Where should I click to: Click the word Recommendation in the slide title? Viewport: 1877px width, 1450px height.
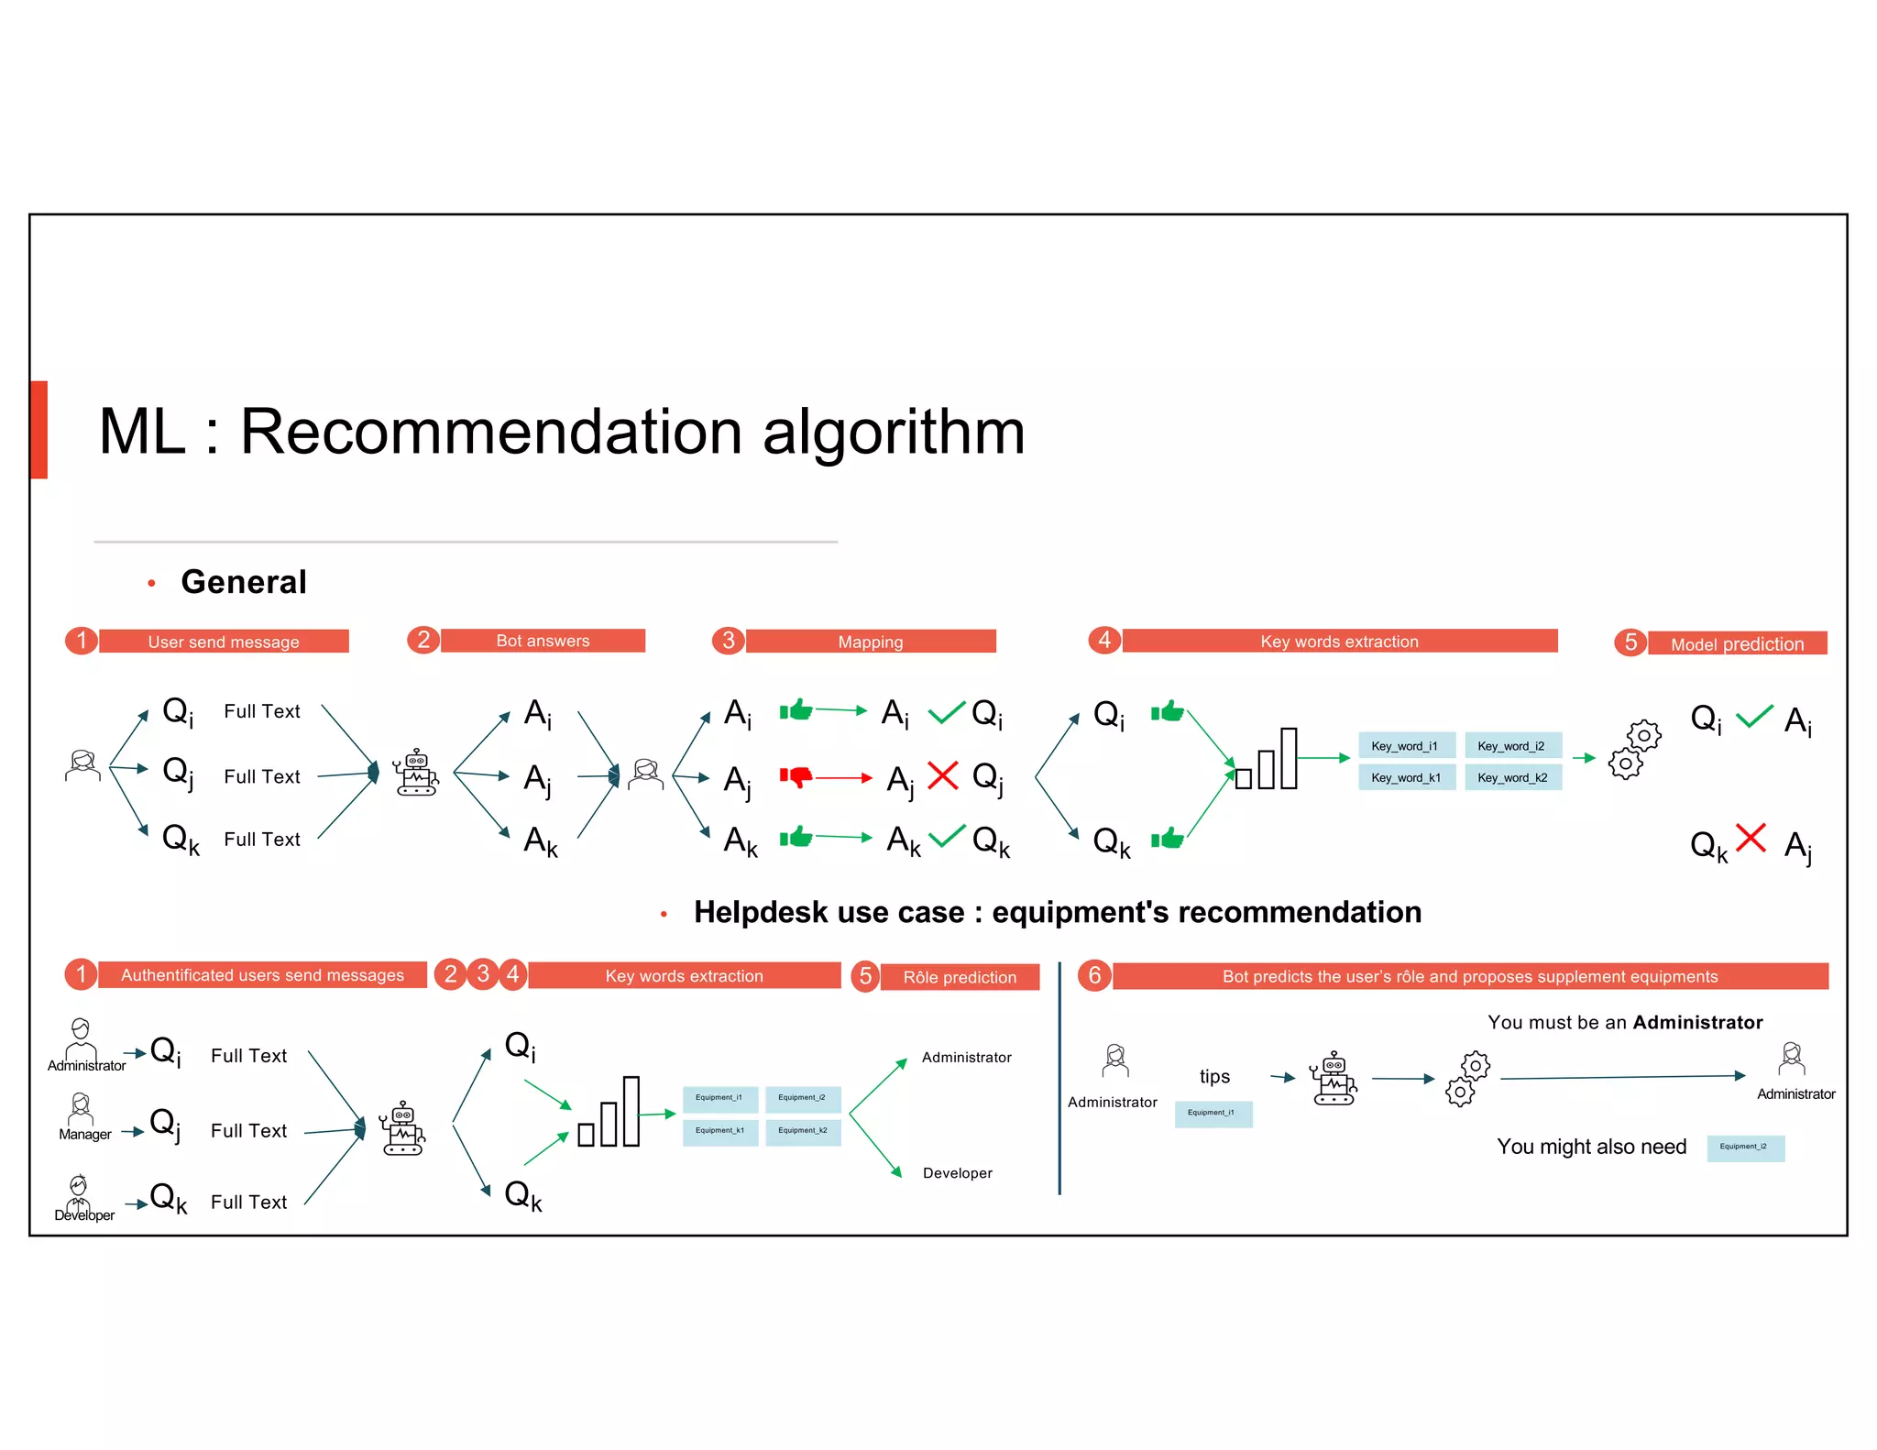coord(490,432)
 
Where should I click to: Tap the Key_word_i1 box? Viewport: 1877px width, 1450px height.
coord(1405,746)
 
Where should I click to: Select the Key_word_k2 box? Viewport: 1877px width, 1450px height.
coord(1512,777)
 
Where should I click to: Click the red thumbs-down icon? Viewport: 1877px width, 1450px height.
coord(796,777)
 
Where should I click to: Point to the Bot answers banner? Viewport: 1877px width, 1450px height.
coord(543,641)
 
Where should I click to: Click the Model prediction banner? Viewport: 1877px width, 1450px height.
coord(1737,643)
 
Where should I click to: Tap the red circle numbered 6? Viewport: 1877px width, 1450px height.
coord(1094,975)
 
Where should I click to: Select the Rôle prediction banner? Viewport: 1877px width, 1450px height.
coord(960,977)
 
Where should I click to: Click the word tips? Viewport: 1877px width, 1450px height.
coord(1214,1076)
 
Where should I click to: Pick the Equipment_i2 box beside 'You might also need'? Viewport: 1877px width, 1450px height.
coord(1745,1147)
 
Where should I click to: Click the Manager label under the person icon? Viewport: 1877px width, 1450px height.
coord(85,1134)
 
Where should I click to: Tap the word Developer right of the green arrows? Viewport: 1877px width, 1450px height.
coord(957,1173)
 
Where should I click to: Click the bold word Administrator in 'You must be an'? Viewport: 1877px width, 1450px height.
coord(1697,1022)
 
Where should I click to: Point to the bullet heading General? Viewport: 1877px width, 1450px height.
coord(244,582)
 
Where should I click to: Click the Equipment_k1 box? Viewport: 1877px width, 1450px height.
coord(719,1131)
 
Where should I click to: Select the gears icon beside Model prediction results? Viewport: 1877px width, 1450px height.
coord(1634,750)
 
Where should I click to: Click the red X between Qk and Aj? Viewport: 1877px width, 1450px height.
coord(1751,838)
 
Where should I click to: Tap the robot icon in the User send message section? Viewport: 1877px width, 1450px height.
coord(416,773)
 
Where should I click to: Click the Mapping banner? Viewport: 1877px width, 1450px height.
coord(871,642)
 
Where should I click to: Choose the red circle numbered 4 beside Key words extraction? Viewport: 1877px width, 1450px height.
coord(1104,640)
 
